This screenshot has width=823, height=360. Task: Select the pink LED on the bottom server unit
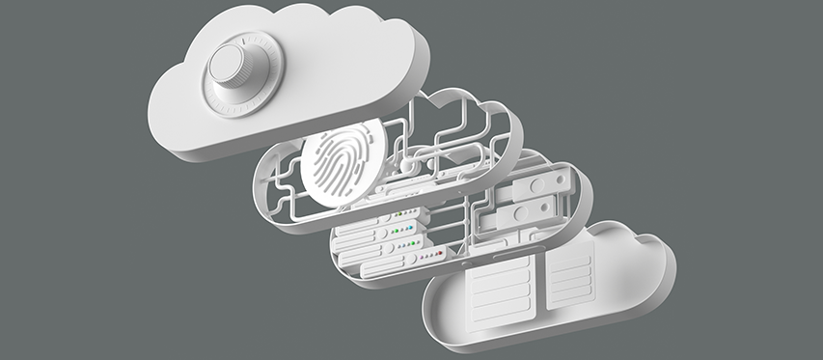click(421, 258)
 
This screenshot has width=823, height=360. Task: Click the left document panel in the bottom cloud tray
click(501, 289)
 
